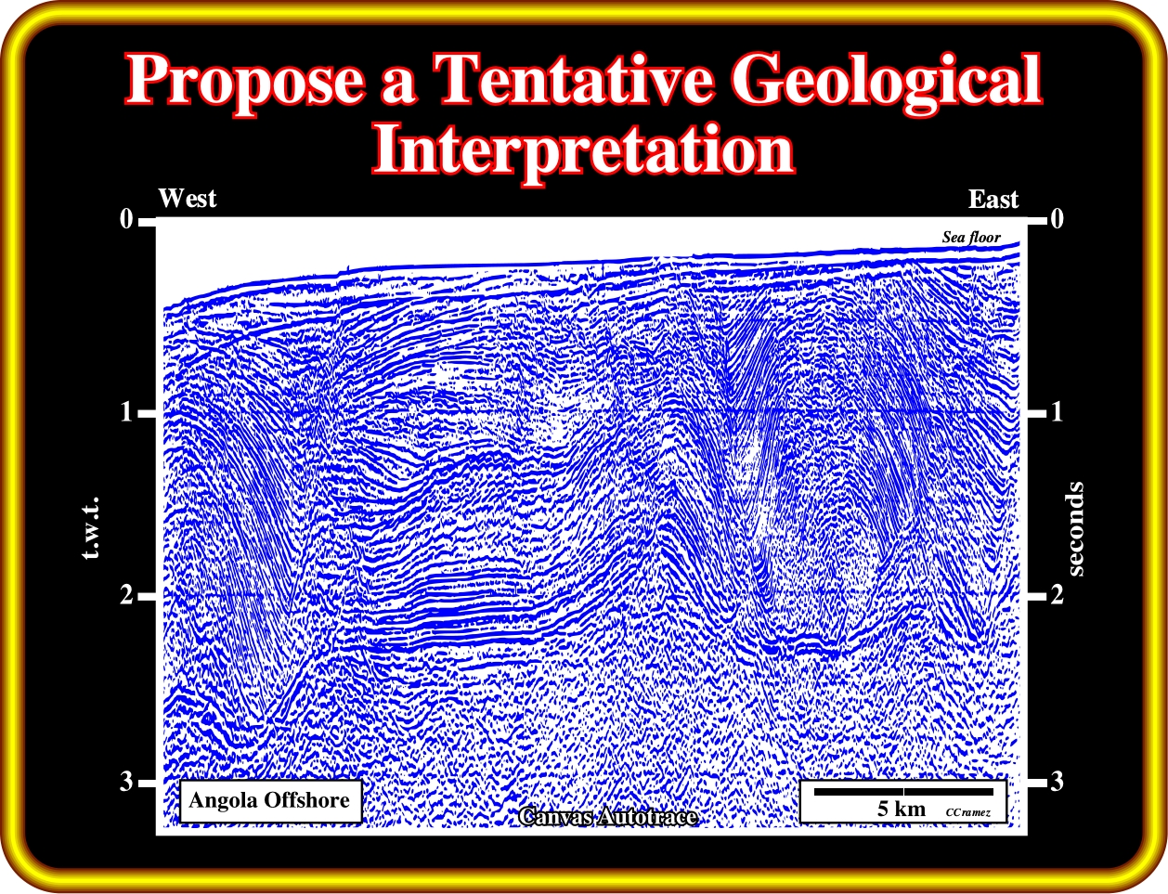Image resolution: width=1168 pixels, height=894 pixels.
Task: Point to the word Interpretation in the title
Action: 583,149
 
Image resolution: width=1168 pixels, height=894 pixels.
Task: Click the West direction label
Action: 187,199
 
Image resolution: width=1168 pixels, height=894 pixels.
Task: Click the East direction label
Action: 993,200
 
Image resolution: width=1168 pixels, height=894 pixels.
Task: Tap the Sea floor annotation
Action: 971,237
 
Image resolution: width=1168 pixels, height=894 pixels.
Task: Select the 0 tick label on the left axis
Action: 126,219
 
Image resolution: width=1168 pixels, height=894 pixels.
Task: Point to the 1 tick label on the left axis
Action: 126,412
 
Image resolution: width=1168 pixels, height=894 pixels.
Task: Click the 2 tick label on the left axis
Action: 126,595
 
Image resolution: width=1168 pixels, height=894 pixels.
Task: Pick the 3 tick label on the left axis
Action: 126,781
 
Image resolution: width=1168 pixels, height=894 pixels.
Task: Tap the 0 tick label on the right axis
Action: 1057,219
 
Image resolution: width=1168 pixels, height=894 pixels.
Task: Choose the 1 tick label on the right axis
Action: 1057,412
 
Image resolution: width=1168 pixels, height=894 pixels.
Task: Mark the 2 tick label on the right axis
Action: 1057,595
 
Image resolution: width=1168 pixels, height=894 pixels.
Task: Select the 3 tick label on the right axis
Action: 1057,781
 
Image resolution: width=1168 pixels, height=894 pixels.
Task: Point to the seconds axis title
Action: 1075,528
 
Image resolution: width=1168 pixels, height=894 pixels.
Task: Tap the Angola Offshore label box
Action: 271,800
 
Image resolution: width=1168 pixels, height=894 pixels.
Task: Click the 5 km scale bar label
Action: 902,808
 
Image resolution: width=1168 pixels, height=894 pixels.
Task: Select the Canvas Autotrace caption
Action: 608,816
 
